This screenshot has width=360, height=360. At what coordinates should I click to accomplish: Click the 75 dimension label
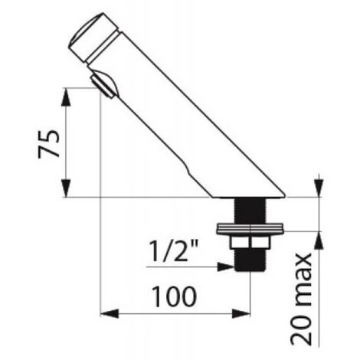(49, 144)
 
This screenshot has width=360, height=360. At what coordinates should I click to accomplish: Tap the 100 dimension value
(174, 296)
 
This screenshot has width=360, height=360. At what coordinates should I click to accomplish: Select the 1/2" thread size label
(173, 250)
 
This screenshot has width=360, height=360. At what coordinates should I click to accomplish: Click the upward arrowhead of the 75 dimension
(67, 97)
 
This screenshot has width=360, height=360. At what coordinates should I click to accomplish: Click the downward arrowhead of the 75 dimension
(67, 188)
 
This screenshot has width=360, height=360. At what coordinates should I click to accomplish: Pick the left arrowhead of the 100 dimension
(110, 313)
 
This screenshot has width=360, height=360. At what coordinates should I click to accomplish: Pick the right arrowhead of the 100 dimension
(241, 313)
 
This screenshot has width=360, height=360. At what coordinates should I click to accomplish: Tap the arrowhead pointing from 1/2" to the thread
(226, 267)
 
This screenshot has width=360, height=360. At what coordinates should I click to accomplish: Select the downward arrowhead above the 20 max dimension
(319, 188)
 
